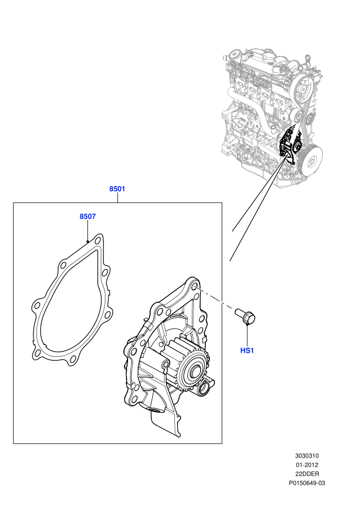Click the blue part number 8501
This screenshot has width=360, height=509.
[x=117, y=189]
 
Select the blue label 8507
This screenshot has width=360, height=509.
[x=87, y=216]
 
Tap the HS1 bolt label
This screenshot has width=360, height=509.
[x=247, y=351]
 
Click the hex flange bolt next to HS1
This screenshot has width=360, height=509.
[x=245, y=316]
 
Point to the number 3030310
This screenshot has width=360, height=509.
[x=307, y=456]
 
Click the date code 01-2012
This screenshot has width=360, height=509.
[x=307, y=465]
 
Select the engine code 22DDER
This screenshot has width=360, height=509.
[x=307, y=474]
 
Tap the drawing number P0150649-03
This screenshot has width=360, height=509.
[x=307, y=483]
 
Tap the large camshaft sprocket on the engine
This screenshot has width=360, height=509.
[x=302, y=87]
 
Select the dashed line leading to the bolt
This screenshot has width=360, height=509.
[x=215, y=297]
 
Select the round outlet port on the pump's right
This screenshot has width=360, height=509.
[x=204, y=388]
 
